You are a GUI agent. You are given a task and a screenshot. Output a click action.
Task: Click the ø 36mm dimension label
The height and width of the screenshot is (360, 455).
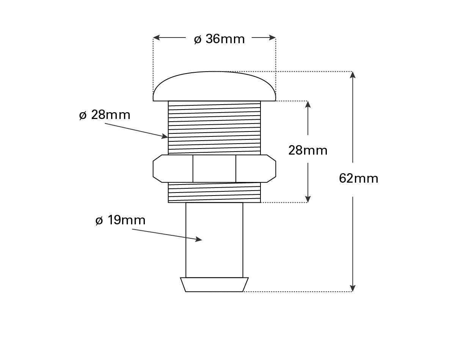tap(219, 39)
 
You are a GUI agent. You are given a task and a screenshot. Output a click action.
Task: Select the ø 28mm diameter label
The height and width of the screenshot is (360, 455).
tap(105, 115)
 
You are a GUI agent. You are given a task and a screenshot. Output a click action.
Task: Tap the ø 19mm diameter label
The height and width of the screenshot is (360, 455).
tap(120, 220)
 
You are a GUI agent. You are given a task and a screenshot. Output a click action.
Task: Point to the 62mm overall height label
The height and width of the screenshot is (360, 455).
tap(359, 178)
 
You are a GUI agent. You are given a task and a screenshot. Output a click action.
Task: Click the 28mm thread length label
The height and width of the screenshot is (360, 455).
tap(308, 150)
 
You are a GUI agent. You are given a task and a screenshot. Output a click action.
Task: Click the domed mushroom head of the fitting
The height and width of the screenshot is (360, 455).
tap(214, 86)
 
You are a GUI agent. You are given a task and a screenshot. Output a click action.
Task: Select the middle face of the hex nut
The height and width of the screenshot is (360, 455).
tap(214, 169)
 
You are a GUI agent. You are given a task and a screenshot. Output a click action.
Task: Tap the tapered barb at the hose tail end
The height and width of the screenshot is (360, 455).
tap(214, 285)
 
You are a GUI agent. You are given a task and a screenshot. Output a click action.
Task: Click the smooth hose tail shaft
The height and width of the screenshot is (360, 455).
tap(214, 240)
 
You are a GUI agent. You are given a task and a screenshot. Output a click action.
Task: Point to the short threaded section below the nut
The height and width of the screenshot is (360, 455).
tap(214, 193)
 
